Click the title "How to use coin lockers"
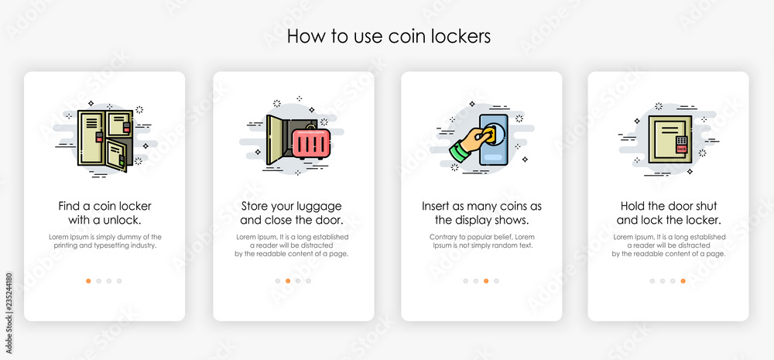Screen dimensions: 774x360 point(389,36)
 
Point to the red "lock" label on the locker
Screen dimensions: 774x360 point(682,149)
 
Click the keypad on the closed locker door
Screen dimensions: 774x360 point(682,140)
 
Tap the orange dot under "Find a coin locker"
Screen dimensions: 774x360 point(88,281)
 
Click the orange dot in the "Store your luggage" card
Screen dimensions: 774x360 point(288,281)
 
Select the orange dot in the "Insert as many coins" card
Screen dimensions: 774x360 point(486,281)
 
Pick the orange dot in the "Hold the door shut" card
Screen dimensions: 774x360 point(683,281)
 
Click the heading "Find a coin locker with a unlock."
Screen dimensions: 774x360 point(104,212)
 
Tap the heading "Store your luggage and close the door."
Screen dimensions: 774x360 point(292,212)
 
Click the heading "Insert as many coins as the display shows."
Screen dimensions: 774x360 point(481,212)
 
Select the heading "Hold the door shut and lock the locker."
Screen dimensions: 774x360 point(669,212)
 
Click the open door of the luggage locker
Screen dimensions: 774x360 point(275,140)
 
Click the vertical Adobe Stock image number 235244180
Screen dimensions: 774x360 point(9,313)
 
